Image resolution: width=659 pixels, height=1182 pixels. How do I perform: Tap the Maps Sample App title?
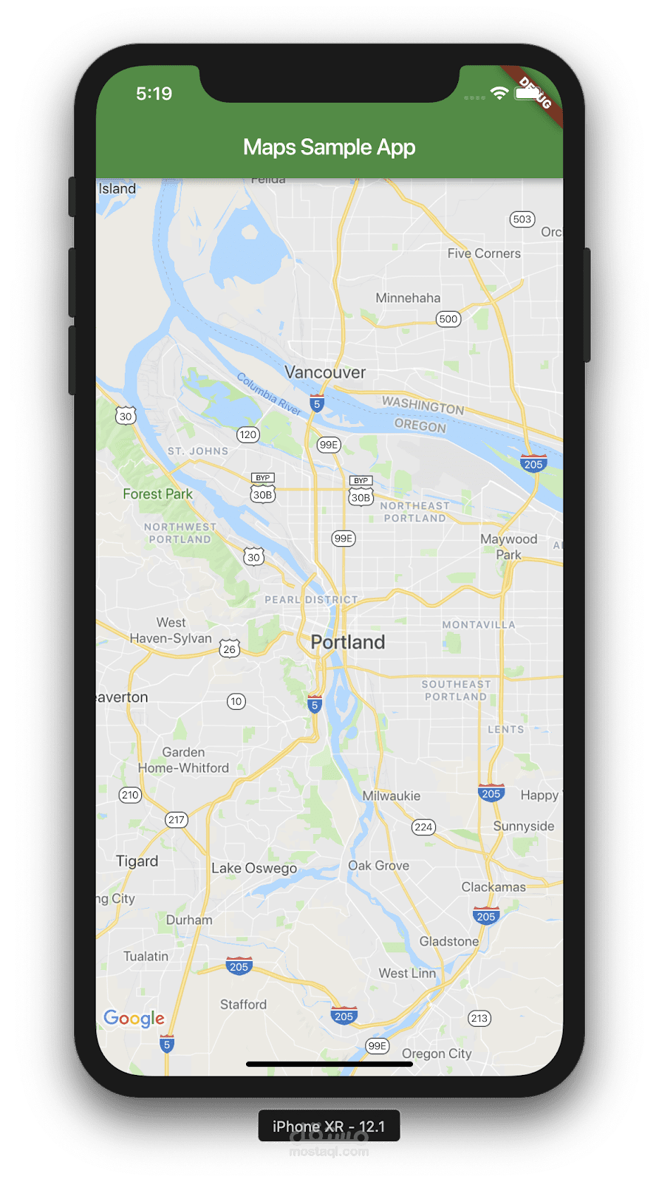pos(329,147)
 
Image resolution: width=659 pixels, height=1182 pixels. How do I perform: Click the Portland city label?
pos(347,642)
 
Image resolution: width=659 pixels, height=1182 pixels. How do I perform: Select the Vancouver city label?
pos(325,372)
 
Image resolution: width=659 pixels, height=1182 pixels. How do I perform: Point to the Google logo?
pos(134,1018)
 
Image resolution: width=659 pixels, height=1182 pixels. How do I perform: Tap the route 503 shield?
pos(522,219)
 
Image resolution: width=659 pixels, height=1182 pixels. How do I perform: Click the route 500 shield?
pos(448,319)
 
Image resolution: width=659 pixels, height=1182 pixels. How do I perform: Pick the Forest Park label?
pos(157,493)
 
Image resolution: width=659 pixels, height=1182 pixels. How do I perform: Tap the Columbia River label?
pos(269,394)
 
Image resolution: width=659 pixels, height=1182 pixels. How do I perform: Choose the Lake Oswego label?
pos(254,868)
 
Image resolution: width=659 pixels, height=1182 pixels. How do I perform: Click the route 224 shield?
pos(423,827)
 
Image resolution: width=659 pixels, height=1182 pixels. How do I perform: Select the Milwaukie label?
pos(391,796)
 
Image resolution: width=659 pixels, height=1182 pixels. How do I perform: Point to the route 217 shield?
pos(177,819)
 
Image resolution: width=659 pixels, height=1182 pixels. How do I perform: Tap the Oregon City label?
pos(437,1053)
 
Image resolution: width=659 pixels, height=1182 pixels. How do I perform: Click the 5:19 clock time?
pos(154,93)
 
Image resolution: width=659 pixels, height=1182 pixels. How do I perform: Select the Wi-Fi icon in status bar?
pos(499,93)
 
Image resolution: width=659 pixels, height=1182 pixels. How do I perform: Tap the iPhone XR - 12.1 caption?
pos(329,1126)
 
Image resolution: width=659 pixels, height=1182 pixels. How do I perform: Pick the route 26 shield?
pos(230,649)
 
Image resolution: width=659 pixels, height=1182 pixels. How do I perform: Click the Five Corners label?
pos(484,253)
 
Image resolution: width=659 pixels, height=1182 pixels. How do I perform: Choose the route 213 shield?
pos(479,1018)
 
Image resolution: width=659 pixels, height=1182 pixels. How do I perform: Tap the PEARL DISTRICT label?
pos(311,600)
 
